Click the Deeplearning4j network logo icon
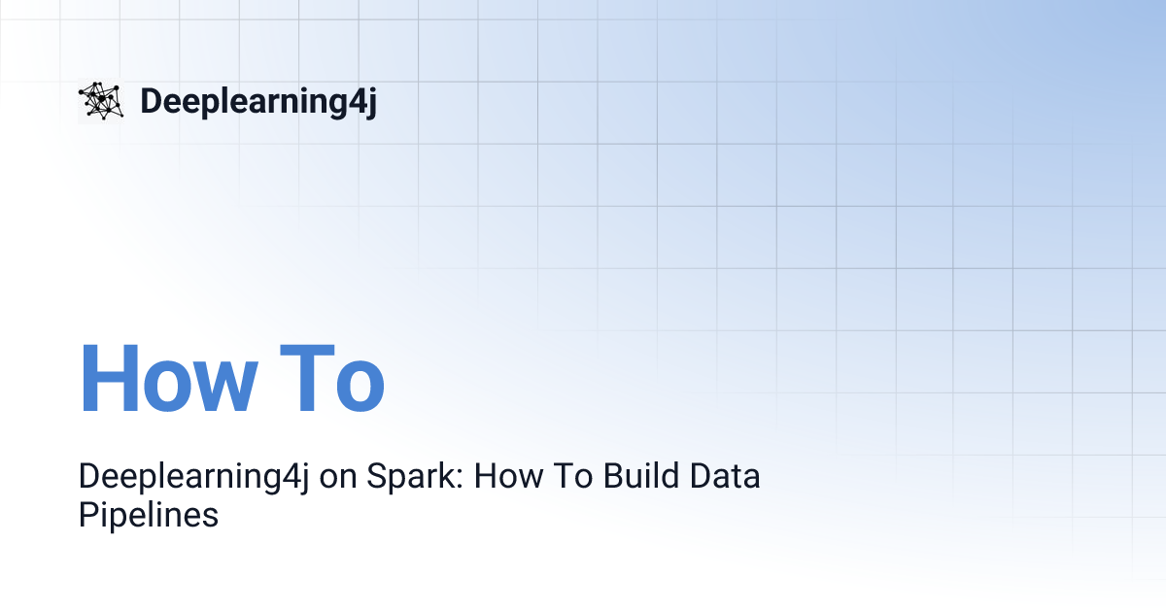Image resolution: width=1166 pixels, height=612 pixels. pyautogui.click(x=101, y=101)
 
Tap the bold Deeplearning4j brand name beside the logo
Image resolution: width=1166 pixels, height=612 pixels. pyautogui.click(x=257, y=102)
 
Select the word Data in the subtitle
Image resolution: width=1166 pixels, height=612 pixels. pyautogui.click(x=723, y=478)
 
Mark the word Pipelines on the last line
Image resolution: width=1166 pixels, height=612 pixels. pyautogui.click(x=148, y=515)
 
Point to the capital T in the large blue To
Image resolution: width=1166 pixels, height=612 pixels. pyautogui.click(x=303, y=379)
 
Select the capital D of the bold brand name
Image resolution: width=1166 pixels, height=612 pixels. pyautogui.click(x=151, y=102)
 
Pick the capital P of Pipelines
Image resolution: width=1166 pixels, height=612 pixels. pyautogui.click(x=87, y=514)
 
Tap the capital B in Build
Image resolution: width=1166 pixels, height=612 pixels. pyautogui.click(x=611, y=478)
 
